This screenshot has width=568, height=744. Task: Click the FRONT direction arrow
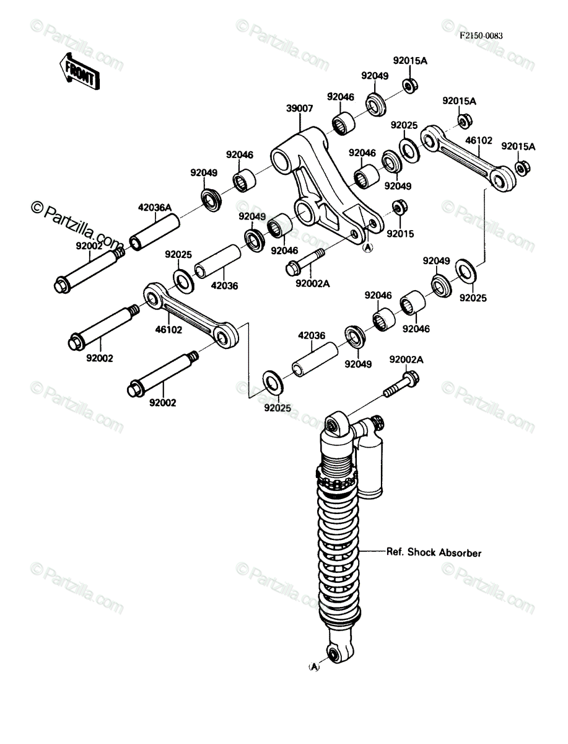(x=79, y=71)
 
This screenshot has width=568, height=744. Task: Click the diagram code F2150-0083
(x=481, y=35)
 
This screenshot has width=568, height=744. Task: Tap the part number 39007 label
(x=300, y=108)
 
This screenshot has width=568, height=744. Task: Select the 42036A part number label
(x=155, y=208)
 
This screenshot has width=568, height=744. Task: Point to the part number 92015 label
(x=400, y=234)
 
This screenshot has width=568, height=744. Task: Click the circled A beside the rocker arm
(x=367, y=248)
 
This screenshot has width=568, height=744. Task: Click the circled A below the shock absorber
(x=314, y=667)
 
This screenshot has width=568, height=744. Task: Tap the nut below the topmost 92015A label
(x=410, y=86)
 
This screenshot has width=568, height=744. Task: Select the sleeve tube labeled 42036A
(x=155, y=232)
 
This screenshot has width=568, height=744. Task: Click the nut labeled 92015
(x=400, y=207)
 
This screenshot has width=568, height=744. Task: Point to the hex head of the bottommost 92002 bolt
(x=135, y=389)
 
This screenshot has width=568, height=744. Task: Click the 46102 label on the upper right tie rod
(x=479, y=140)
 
